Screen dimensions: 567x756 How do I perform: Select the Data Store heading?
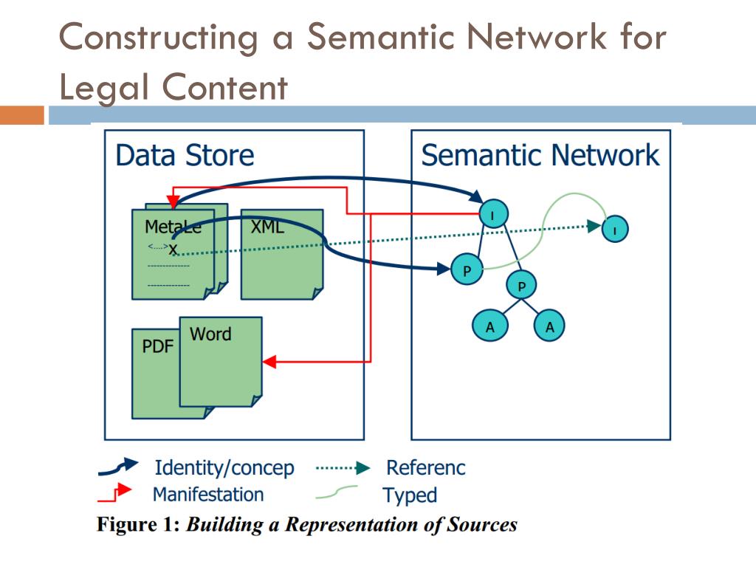click(185, 156)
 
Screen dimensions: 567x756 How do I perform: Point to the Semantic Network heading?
click(540, 156)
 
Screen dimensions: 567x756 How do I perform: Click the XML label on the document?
click(267, 227)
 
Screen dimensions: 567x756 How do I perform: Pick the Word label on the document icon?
click(210, 334)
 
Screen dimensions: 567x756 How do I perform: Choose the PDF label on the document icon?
click(157, 346)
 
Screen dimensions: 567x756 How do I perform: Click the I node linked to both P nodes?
click(492, 214)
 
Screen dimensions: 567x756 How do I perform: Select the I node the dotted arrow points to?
click(615, 229)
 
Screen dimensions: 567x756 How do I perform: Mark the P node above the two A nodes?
click(521, 285)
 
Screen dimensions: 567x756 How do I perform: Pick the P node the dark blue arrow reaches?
click(467, 270)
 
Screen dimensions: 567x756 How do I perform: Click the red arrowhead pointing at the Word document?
click(269, 362)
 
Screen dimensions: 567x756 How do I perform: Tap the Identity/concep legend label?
click(224, 468)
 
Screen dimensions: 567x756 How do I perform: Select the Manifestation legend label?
click(207, 493)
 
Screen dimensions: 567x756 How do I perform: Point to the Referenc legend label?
click(426, 468)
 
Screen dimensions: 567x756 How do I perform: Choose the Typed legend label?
click(410, 495)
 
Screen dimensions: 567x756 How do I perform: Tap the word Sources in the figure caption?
click(483, 525)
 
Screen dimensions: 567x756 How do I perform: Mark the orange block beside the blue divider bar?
click(22, 115)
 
